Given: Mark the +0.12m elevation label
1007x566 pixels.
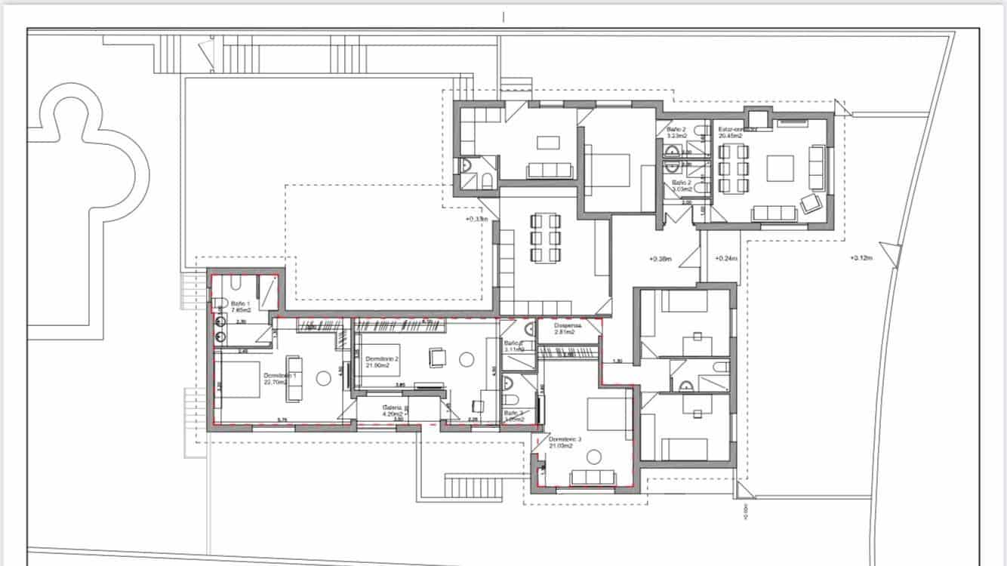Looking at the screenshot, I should (861, 258).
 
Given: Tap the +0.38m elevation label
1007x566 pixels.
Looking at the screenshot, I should (661, 259).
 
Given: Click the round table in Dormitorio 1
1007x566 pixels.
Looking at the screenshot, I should (325, 378).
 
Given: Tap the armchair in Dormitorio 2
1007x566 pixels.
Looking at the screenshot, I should (437, 356).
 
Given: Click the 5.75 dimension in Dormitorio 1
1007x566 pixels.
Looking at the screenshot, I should (282, 420).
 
